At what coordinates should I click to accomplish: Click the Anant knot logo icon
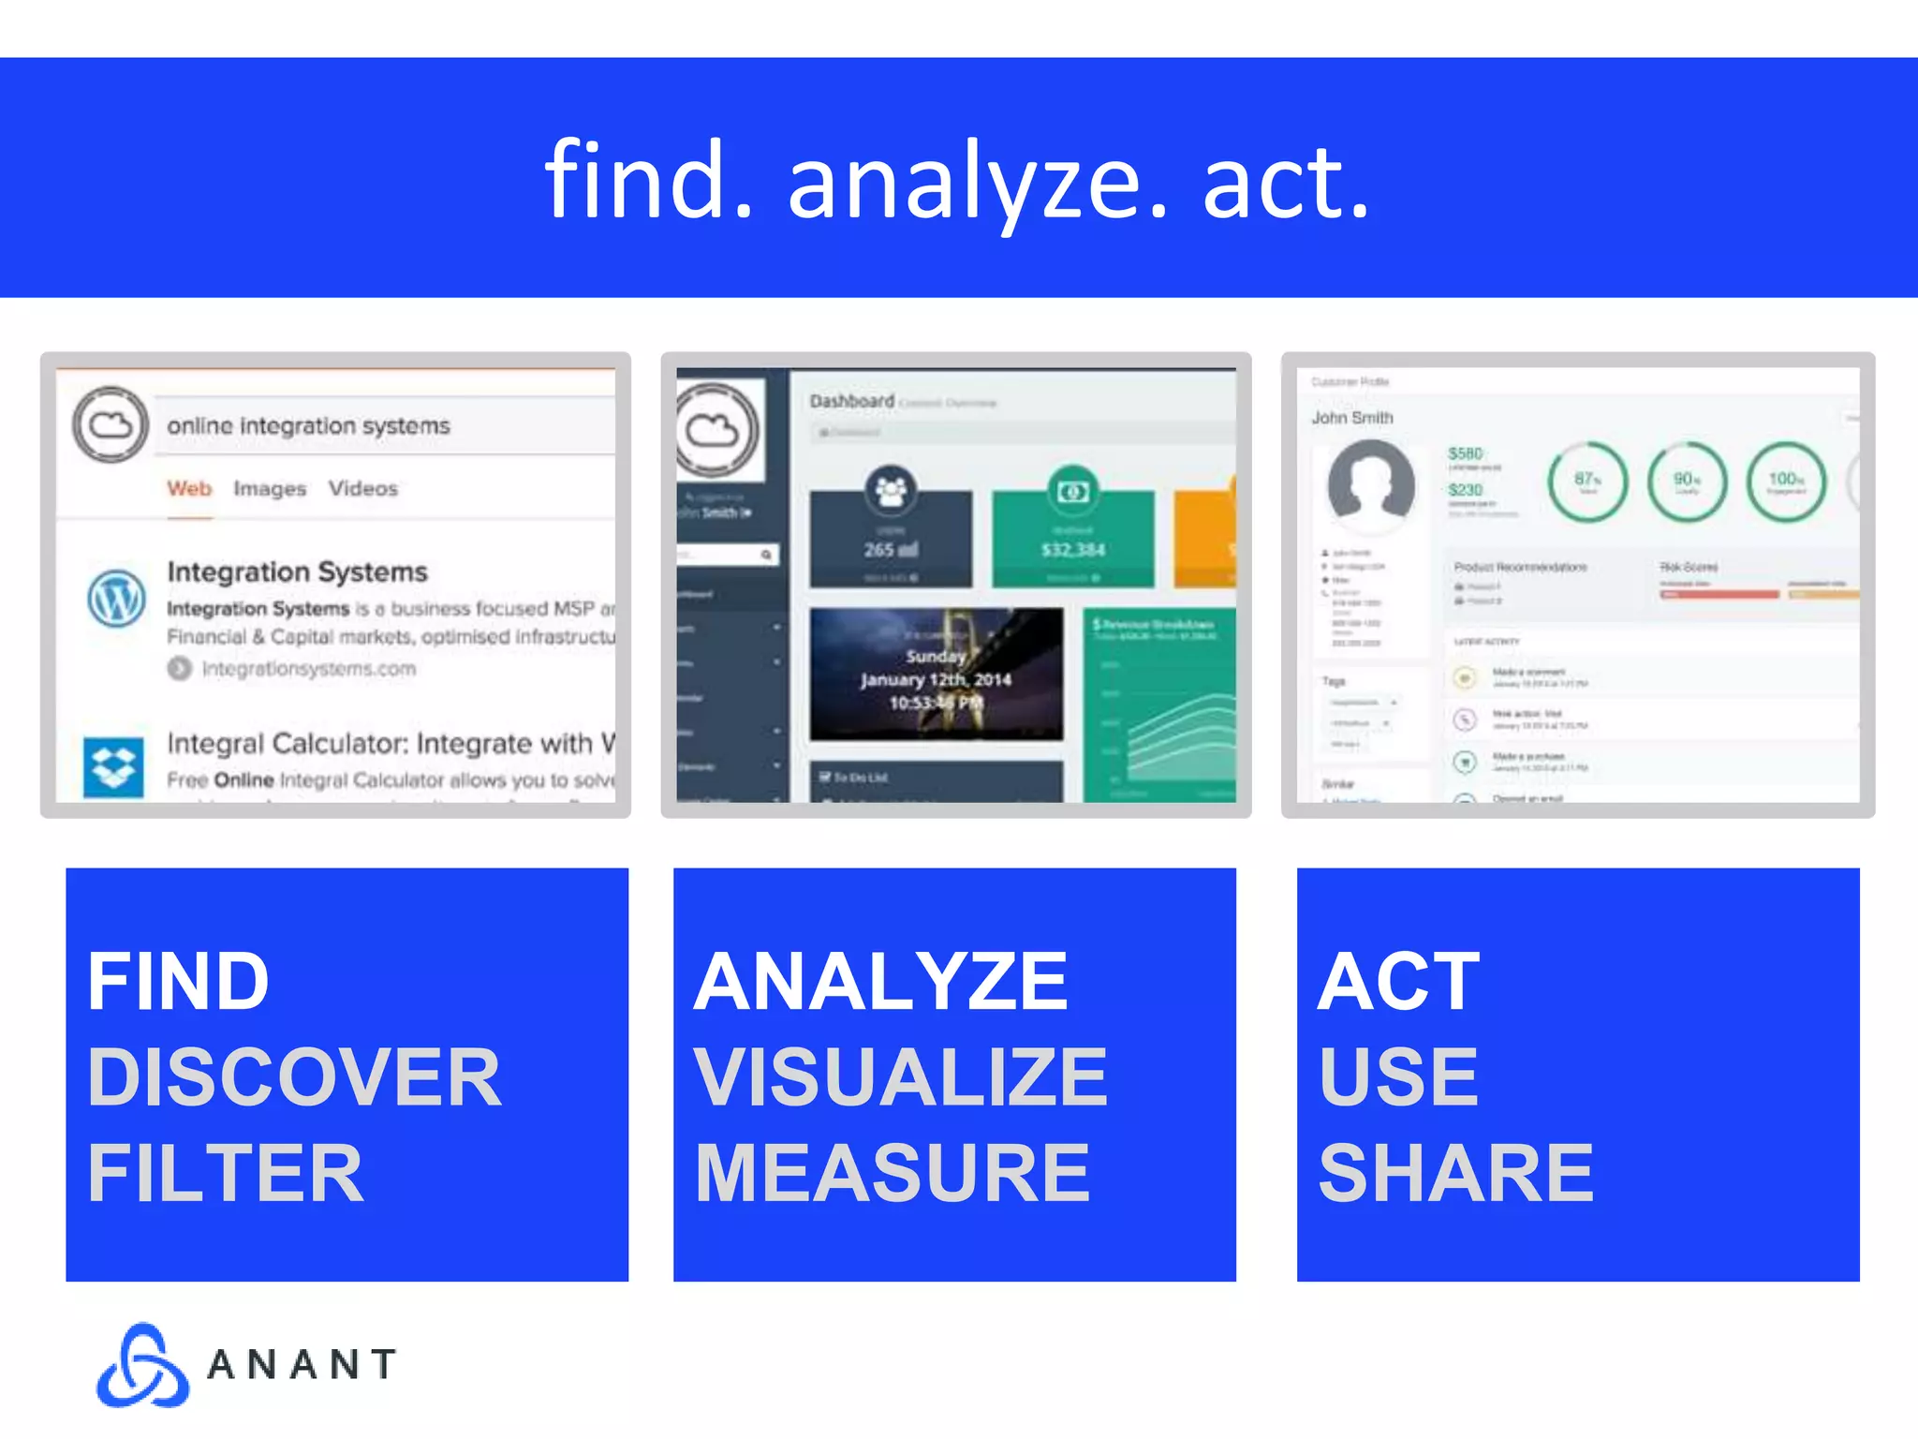[142, 1365]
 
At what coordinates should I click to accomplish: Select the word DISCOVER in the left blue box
[294, 1077]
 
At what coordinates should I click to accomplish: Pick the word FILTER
[225, 1174]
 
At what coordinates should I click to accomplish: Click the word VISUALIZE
[900, 1077]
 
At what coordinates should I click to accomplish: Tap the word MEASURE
[893, 1174]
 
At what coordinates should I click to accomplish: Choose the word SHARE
[1455, 1174]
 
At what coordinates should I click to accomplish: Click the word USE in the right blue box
[1398, 1077]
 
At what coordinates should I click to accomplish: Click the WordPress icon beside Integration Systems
[116, 598]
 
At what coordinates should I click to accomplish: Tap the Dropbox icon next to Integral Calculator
[113, 767]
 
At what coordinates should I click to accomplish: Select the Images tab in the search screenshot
[270, 489]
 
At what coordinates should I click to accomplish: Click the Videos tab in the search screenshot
[362, 489]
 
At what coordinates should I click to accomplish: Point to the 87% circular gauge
[1586, 482]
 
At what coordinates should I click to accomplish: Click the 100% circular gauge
[1786, 482]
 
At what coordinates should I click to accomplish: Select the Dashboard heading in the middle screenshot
[851, 401]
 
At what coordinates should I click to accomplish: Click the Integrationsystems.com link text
[309, 669]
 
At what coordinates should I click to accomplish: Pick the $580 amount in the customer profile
[1466, 453]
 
